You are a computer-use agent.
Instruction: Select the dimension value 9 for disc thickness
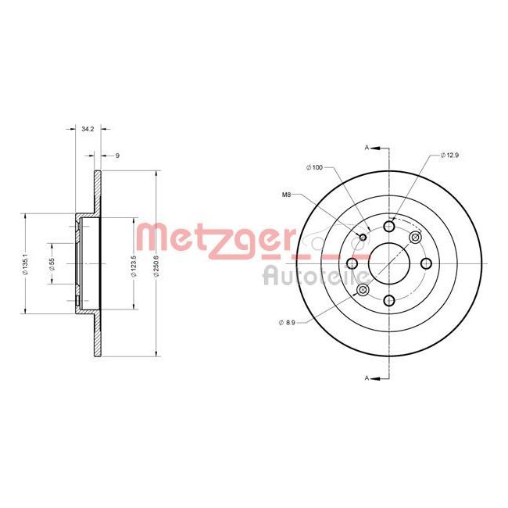pyautogui.click(x=116, y=156)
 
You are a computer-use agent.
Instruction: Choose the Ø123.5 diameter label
pyautogui.click(x=134, y=264)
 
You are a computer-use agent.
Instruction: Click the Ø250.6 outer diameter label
pyautogui.click(x=159, y=264)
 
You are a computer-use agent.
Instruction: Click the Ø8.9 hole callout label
pyautogui.click(x=287, y=321)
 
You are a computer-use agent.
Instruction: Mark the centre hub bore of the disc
pyautogui.click(x=389, y=263)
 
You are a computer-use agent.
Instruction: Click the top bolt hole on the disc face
pyautogui.click(x=389, y=227)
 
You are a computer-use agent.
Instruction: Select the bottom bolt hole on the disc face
pyautogui.click(x=389, y=299)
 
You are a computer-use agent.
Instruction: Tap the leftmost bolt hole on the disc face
pyautogui.click(x=352, y=263)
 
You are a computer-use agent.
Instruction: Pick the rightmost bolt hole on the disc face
pyautogui.click(x=426, y=263)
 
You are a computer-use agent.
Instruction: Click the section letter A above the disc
pyautogui.click(x=367, y=146)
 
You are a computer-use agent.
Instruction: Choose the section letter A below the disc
pyautogui.click(x=367, y=378)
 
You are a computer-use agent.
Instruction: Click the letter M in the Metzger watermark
pyautogui.click(x=152, y=238)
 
